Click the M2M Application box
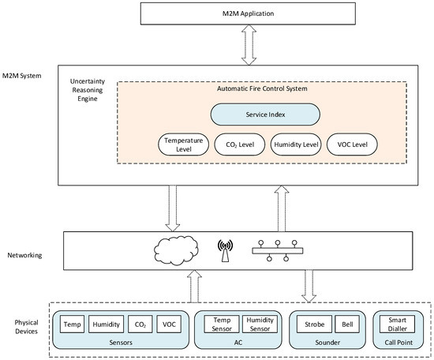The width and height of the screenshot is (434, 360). pos(248,13)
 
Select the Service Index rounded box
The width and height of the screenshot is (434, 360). pos(265,114)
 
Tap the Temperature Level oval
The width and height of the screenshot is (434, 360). pos(184,144)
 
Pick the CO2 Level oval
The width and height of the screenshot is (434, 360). pos(240,144)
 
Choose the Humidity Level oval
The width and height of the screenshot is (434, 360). pos(296,144)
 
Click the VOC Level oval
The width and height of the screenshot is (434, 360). pos(352,144)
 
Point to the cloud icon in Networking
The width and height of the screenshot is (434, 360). pos(176,250)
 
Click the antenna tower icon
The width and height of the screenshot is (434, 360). pos(225,250)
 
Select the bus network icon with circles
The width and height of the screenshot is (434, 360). pos(278,250)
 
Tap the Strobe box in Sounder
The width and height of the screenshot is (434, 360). pos(314,324)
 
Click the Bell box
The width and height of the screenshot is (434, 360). pos(347,324)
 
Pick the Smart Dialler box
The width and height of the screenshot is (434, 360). pos(397,324)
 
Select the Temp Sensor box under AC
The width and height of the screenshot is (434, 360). pos(222,324)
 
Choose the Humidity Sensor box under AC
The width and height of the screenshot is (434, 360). pos(260,324)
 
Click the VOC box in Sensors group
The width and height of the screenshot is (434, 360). pos(169,324)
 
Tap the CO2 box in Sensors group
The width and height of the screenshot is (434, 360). pos(140,324)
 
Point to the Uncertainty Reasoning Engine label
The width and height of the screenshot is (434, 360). pos(88,90)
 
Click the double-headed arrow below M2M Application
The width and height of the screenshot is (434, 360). pos(249,45)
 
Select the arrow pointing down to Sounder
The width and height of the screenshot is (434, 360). pos(309,286)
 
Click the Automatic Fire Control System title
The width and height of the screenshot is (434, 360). pos(262,88)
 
